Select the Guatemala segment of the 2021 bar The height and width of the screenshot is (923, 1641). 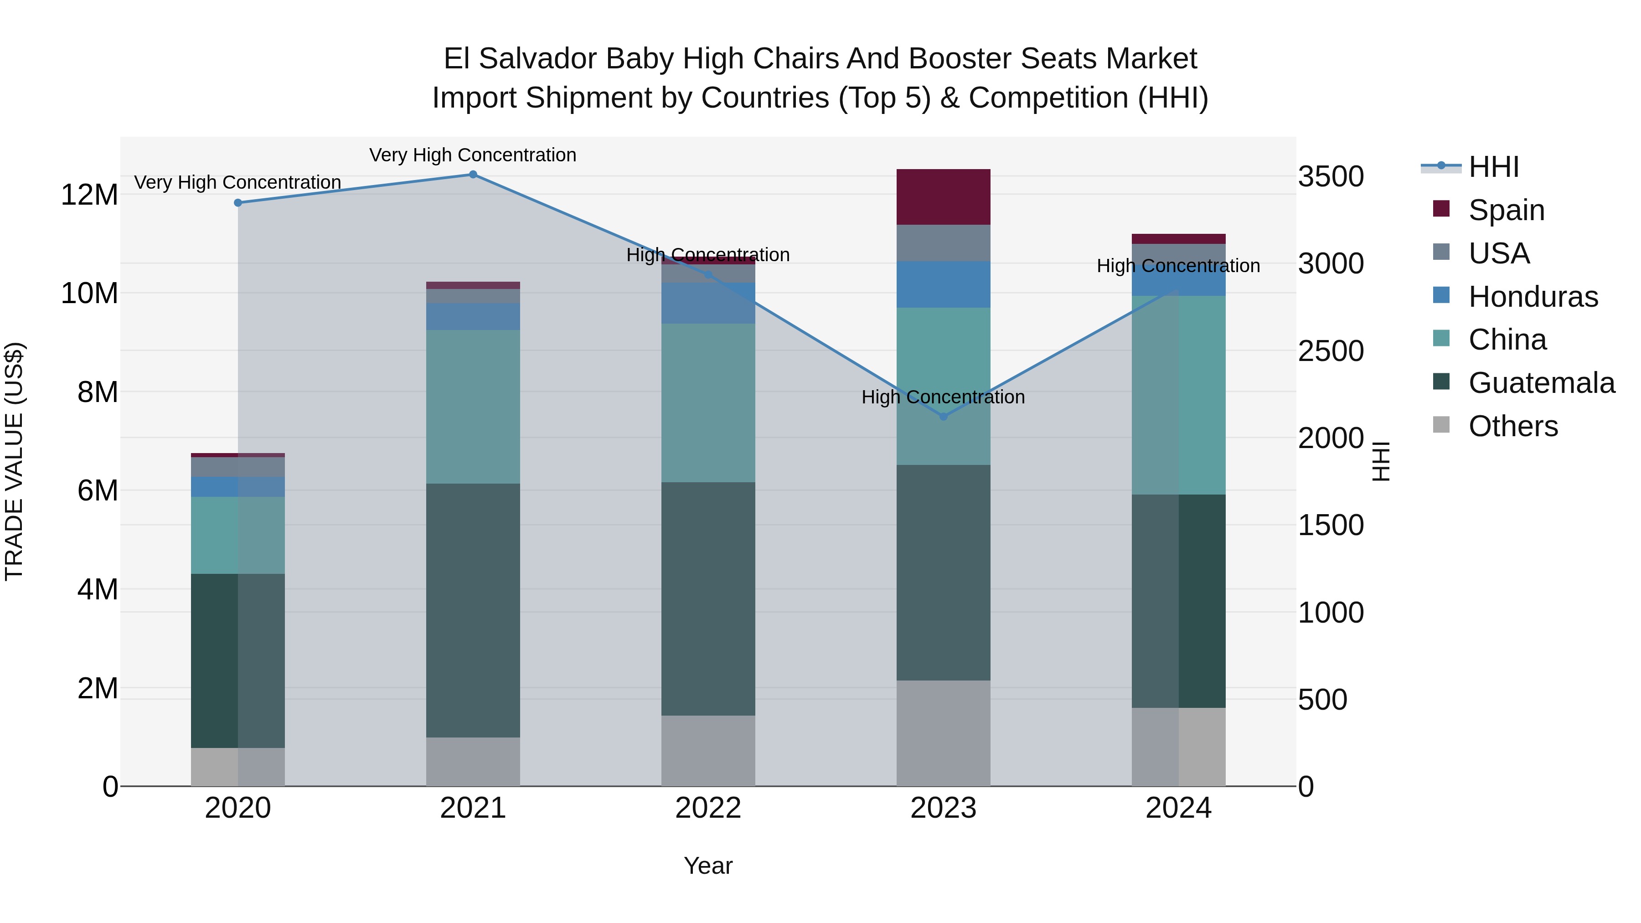coord(473,610)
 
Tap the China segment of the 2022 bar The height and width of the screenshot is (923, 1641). coord(708,402)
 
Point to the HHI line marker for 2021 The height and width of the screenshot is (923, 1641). coord(473,175)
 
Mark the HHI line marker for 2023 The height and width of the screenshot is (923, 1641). coord(944,417)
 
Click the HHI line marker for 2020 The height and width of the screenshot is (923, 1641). coord(237,202)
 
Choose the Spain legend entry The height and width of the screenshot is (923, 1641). coord(1506,210)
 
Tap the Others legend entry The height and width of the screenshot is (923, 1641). coord(1512,426)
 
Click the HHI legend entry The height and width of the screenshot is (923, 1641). coord(1493,167)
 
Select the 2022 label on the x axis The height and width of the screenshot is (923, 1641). coord(708,808)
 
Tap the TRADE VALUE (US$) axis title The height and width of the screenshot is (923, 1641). coord(14,461)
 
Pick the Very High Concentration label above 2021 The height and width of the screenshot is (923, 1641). coord(473,155)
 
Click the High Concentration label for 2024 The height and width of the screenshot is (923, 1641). coord(1178,266)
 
